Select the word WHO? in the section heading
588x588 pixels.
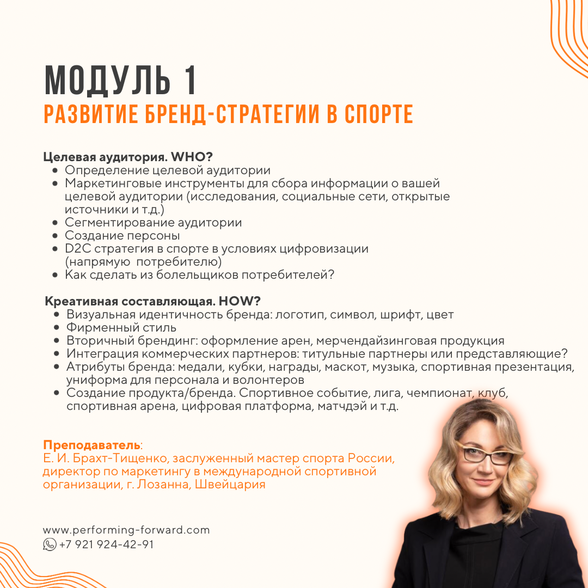pyautogui.click(x=192, y=157)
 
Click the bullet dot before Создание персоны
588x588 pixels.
pyautogui.click(x=55, y=236)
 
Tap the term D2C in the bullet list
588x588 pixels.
pyautogui.click(x=76, y=249)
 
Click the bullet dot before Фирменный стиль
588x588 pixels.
pyautogui.click(x=57, y=328)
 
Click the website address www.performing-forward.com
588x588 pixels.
pyautogui.click(x=126, y=530)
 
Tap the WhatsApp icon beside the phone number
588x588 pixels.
pyautogui.click(x=50, y=544)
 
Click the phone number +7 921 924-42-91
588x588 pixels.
pyautogui.click(x=106, y=544)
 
